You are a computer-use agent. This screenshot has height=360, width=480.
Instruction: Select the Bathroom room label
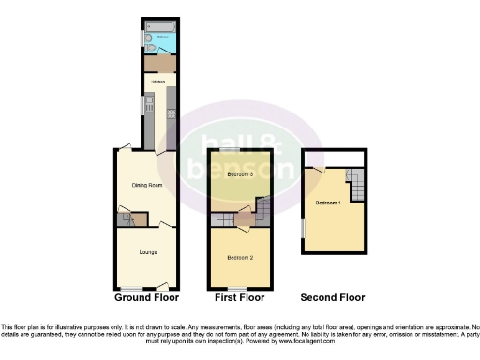click(x=162, y=37)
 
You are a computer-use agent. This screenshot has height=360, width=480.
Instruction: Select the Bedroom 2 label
click(x=239, y=256)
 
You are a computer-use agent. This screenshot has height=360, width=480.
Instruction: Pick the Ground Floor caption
click(x=145, y=298)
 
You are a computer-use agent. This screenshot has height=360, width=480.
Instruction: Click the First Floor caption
click(x=239, y=298)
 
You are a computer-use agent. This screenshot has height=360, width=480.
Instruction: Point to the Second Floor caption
click(x=332, y=298)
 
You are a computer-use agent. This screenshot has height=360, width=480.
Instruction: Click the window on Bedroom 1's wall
click(x=302, y=228)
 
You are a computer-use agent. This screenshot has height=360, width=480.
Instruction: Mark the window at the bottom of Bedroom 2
click(x=236, y=287)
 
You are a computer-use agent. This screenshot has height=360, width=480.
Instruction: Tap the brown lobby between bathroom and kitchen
click(x=157, y=62)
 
